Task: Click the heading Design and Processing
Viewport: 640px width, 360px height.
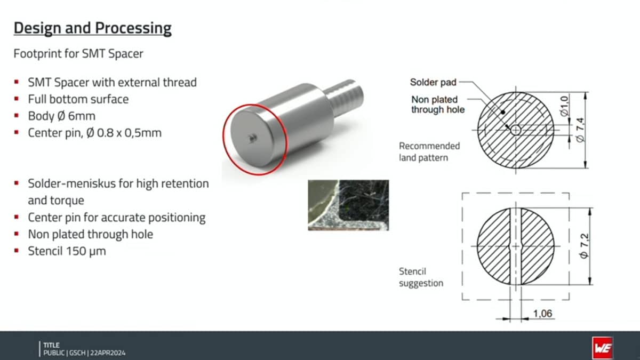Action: coord(93,28)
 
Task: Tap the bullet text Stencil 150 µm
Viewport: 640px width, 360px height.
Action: coord(67,251)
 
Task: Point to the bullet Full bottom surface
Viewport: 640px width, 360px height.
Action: coord(78,99)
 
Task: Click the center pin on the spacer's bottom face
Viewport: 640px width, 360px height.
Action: coord(251,137)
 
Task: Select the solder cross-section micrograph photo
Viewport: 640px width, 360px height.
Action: coord(348,205)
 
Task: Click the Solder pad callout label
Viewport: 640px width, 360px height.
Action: coord(433,82)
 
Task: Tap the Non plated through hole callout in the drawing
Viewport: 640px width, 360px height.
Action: coord(437,105)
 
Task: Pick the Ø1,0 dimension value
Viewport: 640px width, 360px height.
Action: coord(564,103)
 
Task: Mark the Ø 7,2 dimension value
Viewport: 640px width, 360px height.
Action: coord(581,246)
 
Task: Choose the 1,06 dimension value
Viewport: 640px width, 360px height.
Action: coord(542,314)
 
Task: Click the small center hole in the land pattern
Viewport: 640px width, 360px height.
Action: coord(515,130)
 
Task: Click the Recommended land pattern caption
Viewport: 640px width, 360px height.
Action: coord(429,151)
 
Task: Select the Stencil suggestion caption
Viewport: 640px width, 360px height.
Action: coord(421,277)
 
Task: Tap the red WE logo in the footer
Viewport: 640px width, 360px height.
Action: coord(603,347)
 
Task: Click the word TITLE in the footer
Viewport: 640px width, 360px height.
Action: coord(52,345)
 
